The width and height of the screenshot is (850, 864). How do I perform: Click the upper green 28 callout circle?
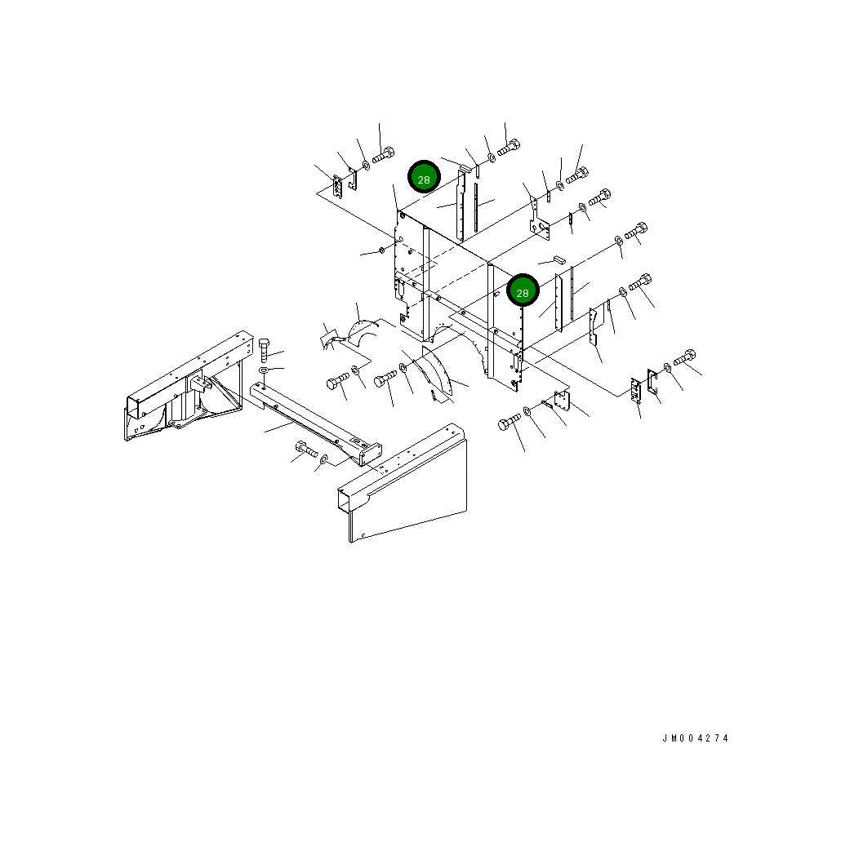tap(424, 177)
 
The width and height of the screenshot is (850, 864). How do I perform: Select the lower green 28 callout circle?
tap(523, 290)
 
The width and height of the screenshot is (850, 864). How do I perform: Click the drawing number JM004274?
tap(695, 738)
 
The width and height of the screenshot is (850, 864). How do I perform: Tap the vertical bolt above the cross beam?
tap(264, 349)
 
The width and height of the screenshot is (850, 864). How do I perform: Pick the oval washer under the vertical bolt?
tap(265, 370)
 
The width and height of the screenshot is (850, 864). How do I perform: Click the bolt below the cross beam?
tap(306, 449)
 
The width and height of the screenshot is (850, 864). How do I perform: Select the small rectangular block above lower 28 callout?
tap(559, 259)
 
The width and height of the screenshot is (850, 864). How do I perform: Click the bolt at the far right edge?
tap(684, 357)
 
